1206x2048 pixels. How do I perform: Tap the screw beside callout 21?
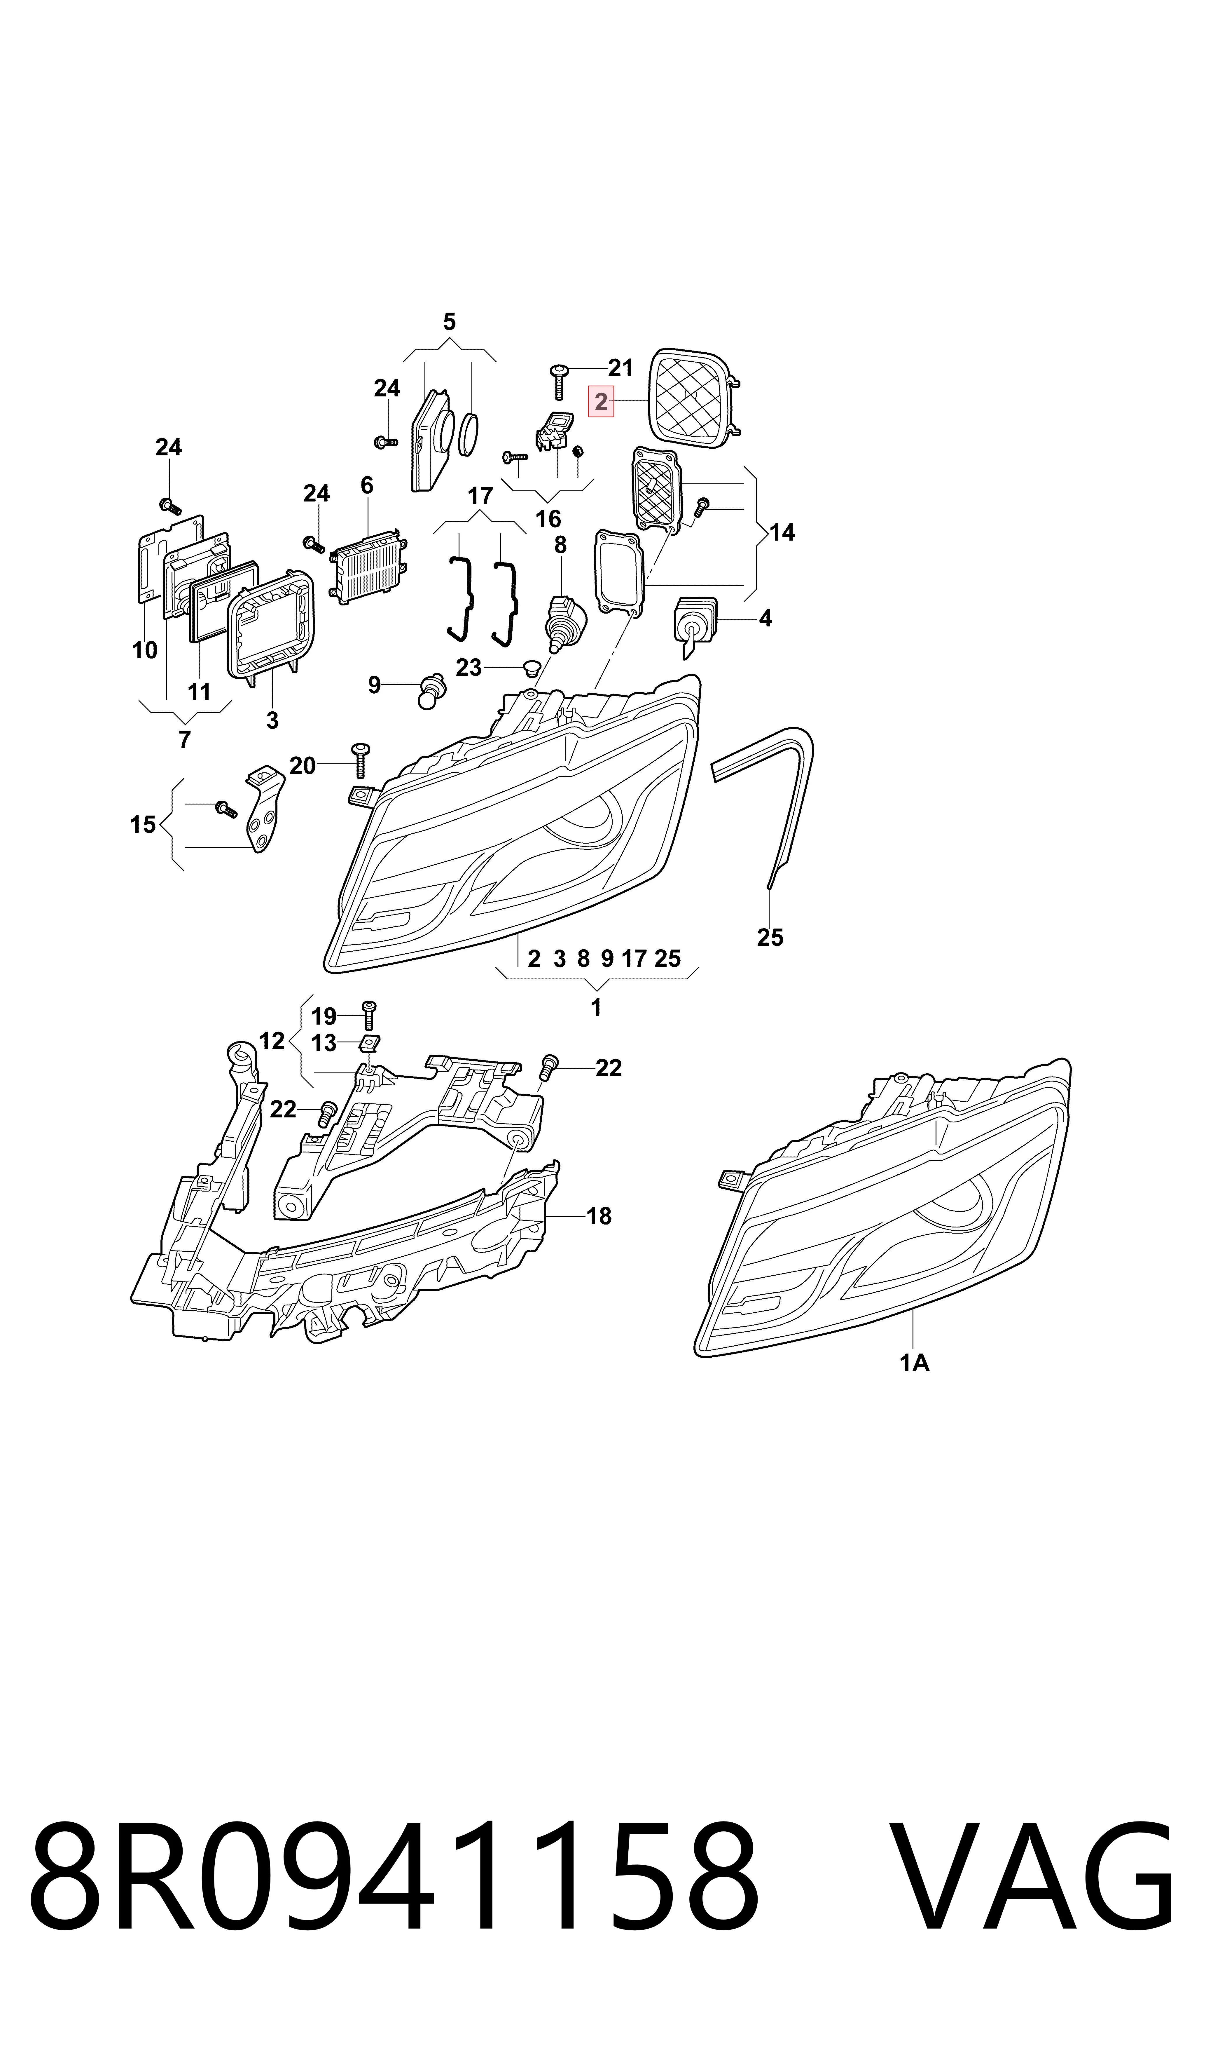(x=559, y=381)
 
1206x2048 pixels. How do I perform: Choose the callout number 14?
(x=782, y=532)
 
